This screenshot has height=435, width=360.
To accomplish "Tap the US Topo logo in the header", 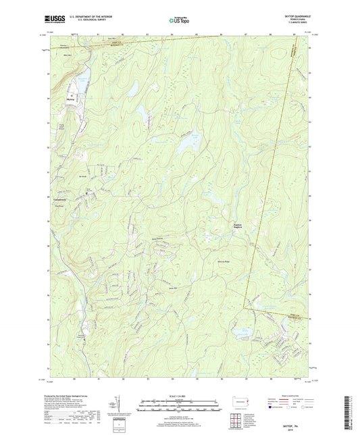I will [178, 20].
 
